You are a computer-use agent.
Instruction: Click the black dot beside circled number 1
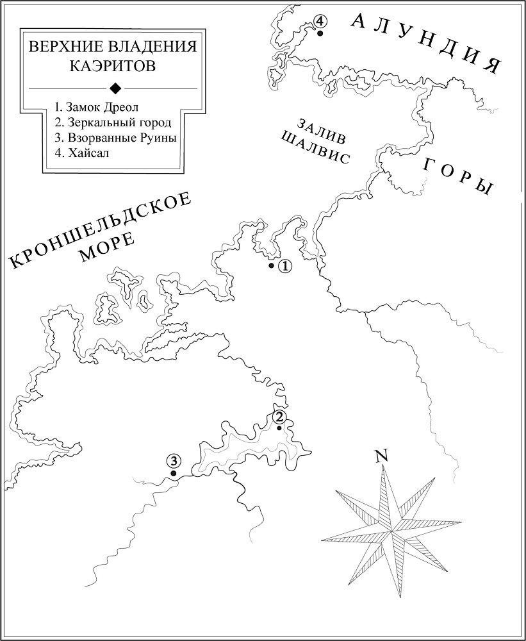click(272, 265)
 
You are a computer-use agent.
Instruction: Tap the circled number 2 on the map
click(279, 417)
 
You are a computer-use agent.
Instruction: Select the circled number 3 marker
click(172, 460)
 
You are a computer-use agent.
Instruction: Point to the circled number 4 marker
click(319, 22)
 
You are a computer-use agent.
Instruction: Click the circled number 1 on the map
click(285, 265)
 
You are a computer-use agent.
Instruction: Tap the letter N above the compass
click(382, 456)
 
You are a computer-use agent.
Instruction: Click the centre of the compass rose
click(391, 531)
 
